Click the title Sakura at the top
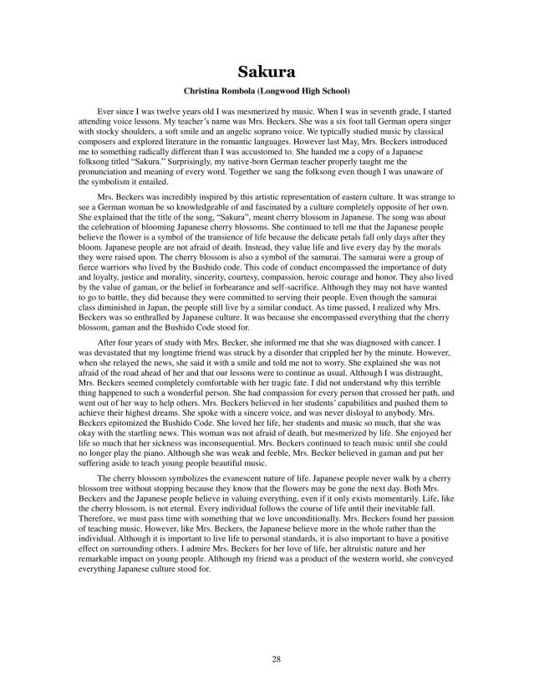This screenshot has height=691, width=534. click(267, 71)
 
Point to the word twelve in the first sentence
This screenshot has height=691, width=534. click(166, 111)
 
